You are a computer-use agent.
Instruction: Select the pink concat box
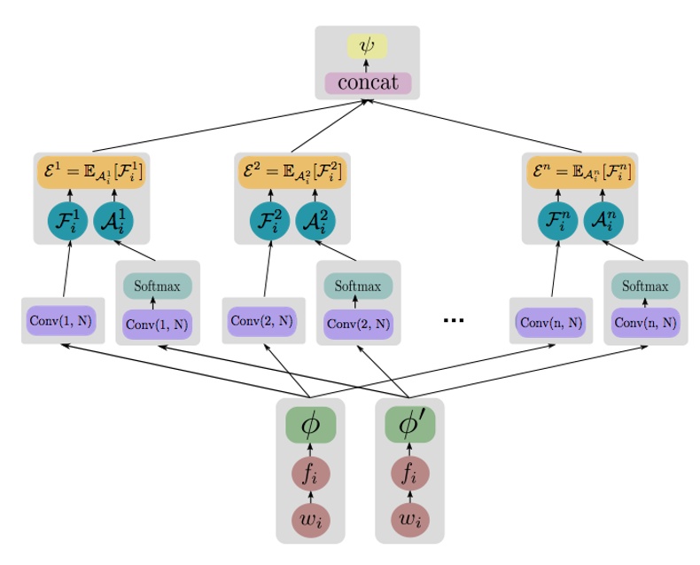pyautogui.click(x=367, y=82)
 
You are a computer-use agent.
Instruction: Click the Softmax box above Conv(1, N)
pyautogui.click(x=157, y=286)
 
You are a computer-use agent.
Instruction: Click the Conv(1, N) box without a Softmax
pyautogui.click(x=60, y=320)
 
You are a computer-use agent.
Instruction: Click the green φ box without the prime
pyautogui.click(x=310, y=426)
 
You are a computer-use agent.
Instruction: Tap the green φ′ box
pyautogui.click(x=409, y=426)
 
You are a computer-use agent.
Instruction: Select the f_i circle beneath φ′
pyautogui.click(x=409, y=474)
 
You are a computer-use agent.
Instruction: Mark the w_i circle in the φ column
pyautogui.click(x=310, y=521)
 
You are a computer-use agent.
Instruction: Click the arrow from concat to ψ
pyautogui.click(x=367, y=66)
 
